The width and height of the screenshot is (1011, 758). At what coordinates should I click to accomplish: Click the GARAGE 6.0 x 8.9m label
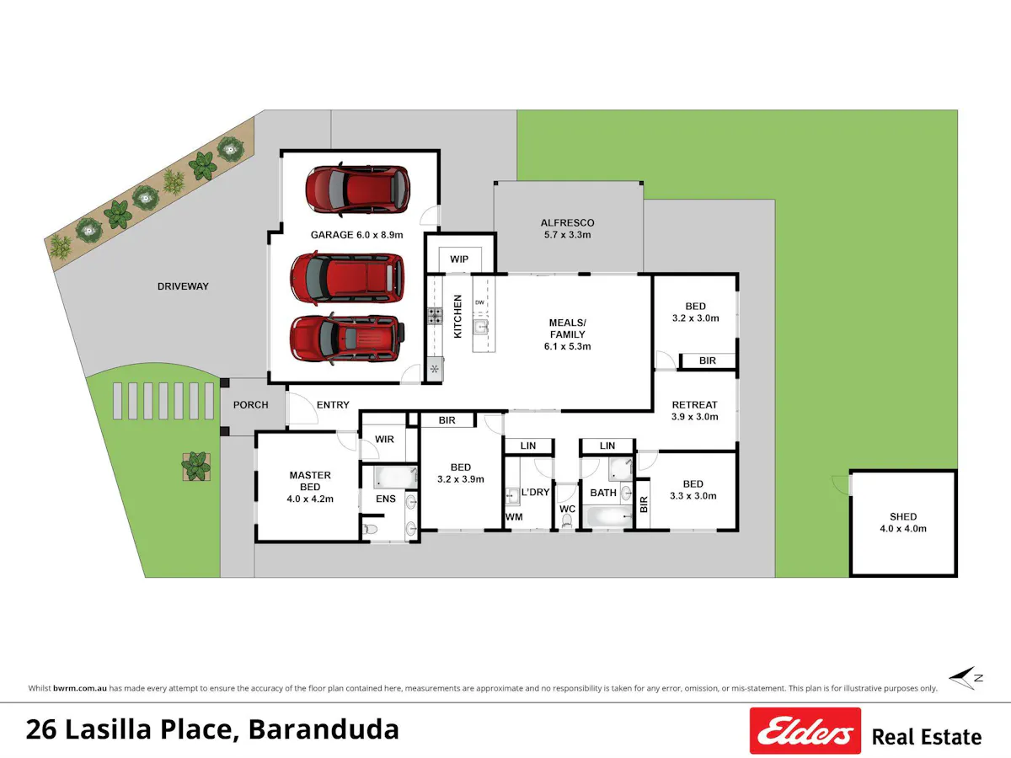coord(356,235)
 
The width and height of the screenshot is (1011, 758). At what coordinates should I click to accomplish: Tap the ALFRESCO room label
coord(567,229)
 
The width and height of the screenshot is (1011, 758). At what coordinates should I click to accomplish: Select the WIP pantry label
coord(459,259)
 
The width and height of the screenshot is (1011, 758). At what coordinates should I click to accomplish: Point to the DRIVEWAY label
coord(183,286)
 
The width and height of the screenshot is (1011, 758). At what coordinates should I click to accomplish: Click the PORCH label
coord(250,404)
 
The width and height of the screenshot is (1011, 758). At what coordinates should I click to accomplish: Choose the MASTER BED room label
coord(310,487)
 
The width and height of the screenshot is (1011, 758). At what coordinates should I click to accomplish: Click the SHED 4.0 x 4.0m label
coord(903,522)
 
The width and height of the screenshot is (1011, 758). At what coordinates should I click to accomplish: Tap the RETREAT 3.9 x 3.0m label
coord(694,410)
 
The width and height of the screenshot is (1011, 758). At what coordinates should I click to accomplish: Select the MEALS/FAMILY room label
coord(568,334)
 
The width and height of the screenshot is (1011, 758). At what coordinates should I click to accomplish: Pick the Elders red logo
coord(805,730)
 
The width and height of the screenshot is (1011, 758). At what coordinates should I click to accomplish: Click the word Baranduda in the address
coord(324,729)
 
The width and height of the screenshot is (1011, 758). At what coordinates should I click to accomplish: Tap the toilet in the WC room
coord(567,520)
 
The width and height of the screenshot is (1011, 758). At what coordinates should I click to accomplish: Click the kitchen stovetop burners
coord(435,316)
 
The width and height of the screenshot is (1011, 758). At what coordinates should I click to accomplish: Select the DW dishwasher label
coord(479,302)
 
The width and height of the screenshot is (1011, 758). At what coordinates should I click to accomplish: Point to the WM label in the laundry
coord(514,517)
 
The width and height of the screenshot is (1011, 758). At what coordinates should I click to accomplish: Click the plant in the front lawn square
coord(196,467)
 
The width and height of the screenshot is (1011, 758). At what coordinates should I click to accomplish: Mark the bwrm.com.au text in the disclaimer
coord(80,688)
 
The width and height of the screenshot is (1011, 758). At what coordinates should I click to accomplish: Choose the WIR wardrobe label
coord(384,439)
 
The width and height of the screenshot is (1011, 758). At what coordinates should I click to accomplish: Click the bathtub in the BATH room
coord(607,517)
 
